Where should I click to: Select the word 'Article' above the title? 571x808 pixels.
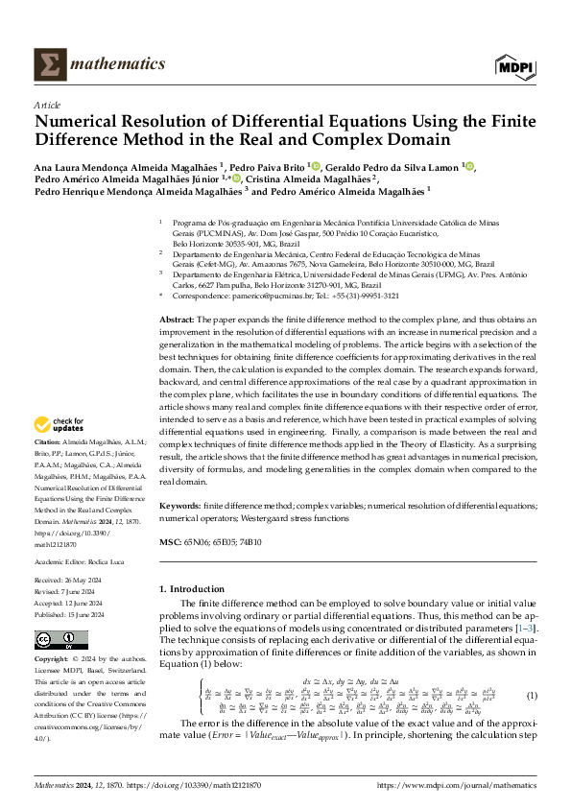click(47, 105)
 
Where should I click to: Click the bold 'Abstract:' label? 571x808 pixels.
click(177, 318)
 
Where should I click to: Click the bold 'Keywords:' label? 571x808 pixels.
click(180, 505)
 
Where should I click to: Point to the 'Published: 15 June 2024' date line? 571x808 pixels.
click(69, 615)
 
